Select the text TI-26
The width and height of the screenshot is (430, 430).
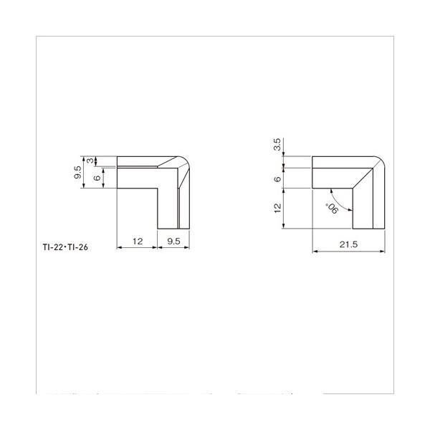pos(78,247)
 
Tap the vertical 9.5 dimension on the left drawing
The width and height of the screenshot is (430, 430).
pos(78,172)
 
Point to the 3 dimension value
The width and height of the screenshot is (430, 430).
pos(90,161)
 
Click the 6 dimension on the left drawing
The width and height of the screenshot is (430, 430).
pos(97,178)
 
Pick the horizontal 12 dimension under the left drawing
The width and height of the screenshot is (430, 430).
pos(138,242)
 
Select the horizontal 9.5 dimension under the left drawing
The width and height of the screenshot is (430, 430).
pos(173,242)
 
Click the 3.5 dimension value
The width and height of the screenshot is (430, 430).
pos(277,144)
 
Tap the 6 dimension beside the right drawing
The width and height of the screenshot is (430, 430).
pos(277,179)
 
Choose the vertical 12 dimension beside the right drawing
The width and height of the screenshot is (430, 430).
pos(277,208)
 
